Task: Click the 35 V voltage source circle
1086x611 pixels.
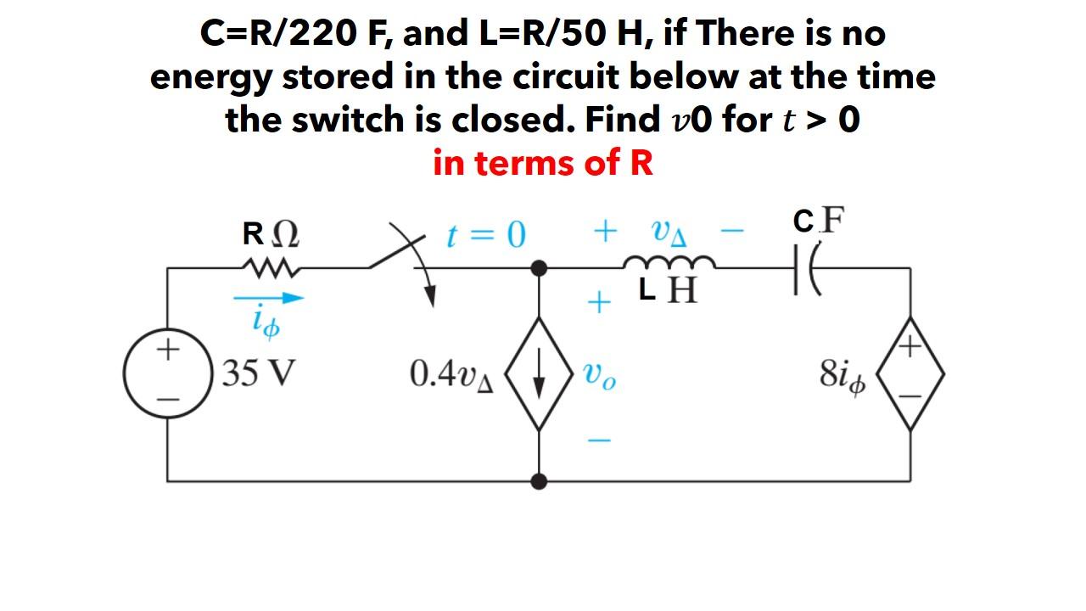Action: point(168,373)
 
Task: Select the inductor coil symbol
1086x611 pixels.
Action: point(669,262)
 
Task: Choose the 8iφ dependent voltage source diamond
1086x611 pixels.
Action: point(910,373)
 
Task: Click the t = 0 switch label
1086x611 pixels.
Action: point(486,233)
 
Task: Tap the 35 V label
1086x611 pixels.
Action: point(257,373)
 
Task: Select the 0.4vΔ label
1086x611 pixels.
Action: point(451,374)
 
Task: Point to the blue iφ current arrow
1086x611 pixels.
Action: point(268,298)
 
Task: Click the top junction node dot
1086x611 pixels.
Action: point(539,268)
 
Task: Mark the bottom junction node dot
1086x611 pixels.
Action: point(539,481)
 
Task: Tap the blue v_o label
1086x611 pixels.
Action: point(600,375)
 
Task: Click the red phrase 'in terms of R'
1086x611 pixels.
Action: point(543,162)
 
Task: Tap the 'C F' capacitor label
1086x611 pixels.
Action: point(819,221)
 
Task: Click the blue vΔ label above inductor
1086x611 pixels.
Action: point(669,232)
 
